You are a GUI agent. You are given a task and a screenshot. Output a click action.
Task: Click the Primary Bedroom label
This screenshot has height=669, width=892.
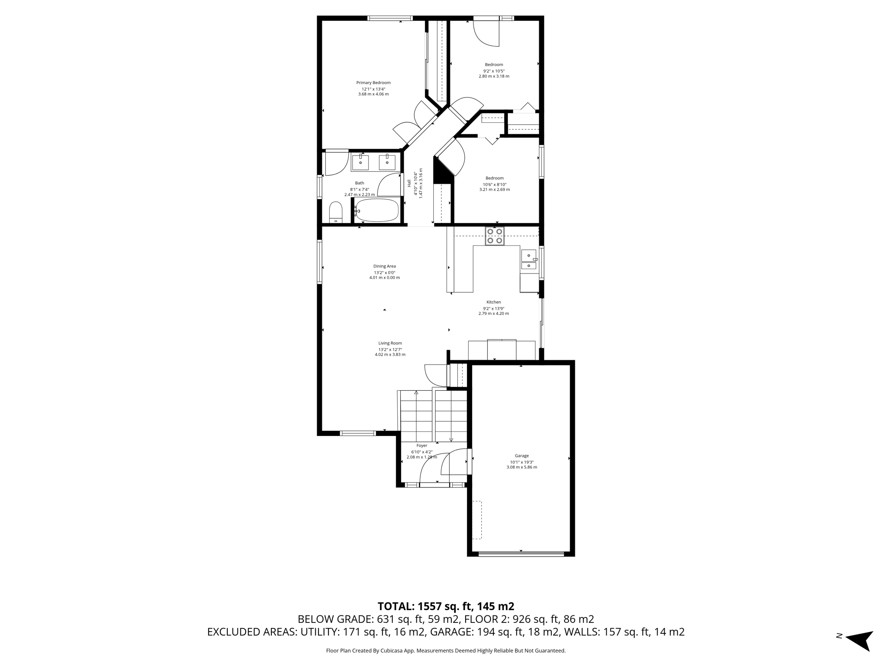coord(373,83)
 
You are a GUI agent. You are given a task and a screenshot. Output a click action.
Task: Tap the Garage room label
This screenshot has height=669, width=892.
coord(521,456)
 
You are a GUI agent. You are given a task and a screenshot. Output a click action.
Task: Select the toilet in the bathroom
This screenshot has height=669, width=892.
coord(336,212)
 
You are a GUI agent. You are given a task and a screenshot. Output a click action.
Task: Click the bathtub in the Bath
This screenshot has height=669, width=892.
coord(377,210)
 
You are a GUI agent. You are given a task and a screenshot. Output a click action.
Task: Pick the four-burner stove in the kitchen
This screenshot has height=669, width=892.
coord(495,236)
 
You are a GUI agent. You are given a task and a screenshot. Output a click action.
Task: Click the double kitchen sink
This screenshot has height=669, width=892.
coord(529,260)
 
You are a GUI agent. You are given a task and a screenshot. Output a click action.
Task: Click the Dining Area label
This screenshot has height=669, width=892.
coord(384,266)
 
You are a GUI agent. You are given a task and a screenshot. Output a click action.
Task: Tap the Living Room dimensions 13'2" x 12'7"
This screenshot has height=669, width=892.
coord(390,349)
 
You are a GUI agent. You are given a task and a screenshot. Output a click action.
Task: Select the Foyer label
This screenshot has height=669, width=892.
coord(422,446)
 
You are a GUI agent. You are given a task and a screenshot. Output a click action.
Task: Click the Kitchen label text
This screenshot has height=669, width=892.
coord(493,302)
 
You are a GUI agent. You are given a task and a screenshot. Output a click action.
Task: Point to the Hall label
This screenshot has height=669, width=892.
coord(409,183)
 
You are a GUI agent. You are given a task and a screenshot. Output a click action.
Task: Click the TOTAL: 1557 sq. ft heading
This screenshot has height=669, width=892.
coord(446,606)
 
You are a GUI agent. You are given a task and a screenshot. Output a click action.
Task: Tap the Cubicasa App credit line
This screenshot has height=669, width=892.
coord(446,651)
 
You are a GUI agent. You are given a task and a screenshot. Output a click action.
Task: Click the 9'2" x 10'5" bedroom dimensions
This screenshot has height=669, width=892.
coord(493,71)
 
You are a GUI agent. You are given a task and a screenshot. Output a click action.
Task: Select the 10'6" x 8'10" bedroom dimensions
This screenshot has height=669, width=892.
coord(494,184)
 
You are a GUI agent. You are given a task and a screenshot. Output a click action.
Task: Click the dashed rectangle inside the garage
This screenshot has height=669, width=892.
coord(477,520)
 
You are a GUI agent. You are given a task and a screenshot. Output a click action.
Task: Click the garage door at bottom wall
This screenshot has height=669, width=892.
coord(521,554)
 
